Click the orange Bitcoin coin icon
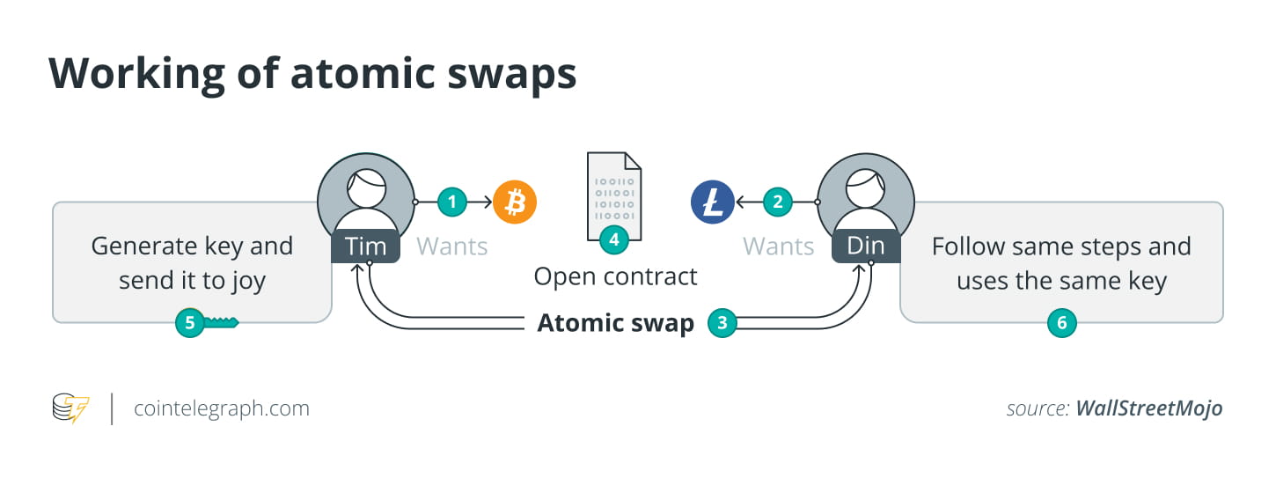point(515,202)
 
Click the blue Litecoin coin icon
point(712,202)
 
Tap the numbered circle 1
point(452,202)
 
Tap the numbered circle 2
point(777,202)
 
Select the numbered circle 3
point(722,323)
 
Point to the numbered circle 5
point(189,323)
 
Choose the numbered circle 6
point(1061,323)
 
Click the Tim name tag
point(366,246)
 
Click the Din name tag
point(866,246)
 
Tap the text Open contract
point(615,276)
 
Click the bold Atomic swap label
point(615,323)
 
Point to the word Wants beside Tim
point(451,246)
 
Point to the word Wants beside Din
point(779,246)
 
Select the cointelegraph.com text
point(222,409)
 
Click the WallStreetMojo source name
point(1149,409)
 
